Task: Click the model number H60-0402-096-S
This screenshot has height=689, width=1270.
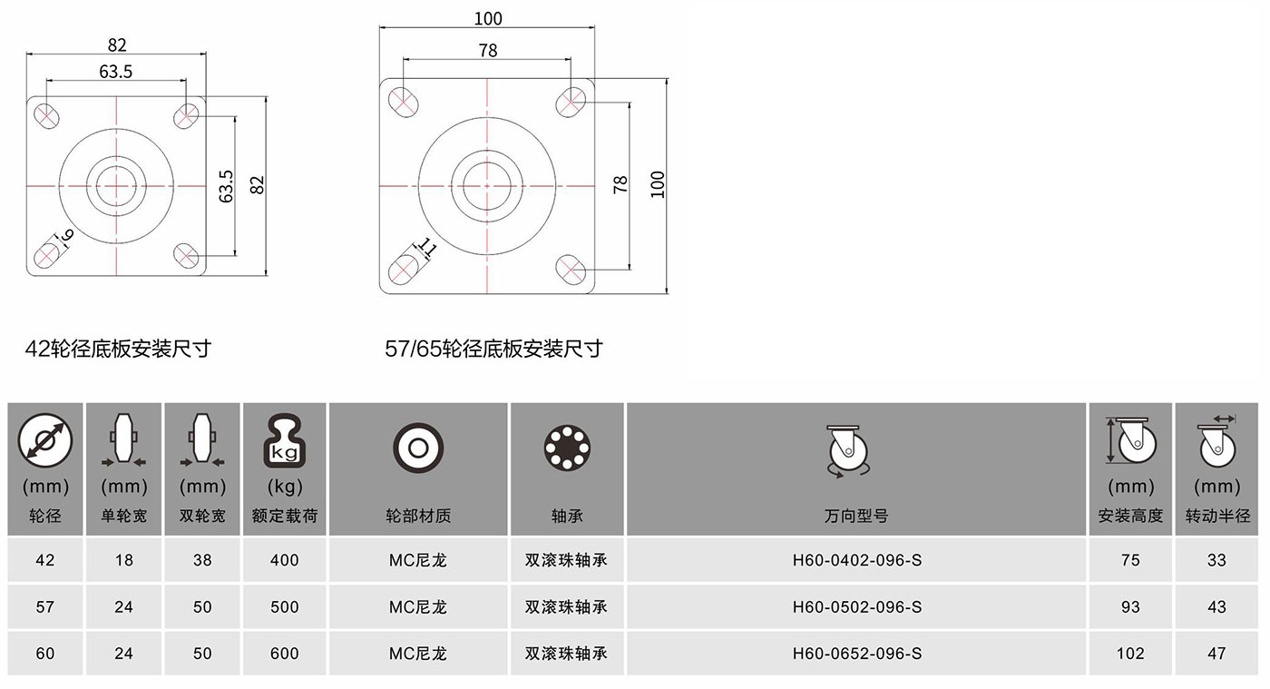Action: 856,560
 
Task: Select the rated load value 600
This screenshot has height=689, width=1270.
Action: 284,654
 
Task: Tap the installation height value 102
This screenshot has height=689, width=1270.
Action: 1130,654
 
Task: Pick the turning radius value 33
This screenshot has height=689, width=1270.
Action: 1216,560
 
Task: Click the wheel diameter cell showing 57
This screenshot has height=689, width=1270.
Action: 44,606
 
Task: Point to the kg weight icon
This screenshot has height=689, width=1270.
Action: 284,440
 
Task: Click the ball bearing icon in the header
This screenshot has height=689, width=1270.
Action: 567,448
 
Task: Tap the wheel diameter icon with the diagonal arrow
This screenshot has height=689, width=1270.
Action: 44,440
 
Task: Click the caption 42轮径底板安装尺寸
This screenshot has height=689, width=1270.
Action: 118,349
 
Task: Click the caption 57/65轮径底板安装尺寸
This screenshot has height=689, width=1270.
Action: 493,349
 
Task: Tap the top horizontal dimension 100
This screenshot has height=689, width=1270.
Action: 488,19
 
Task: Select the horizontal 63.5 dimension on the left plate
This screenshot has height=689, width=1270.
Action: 116,72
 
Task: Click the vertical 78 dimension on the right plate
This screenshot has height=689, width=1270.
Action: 620,184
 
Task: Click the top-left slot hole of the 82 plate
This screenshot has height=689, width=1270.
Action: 46,116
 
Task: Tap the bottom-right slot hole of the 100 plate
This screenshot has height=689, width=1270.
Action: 571,270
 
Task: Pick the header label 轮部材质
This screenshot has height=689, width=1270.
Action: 418,516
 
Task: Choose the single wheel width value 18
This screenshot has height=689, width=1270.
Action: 123,560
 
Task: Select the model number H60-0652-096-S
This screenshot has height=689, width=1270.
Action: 856,654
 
